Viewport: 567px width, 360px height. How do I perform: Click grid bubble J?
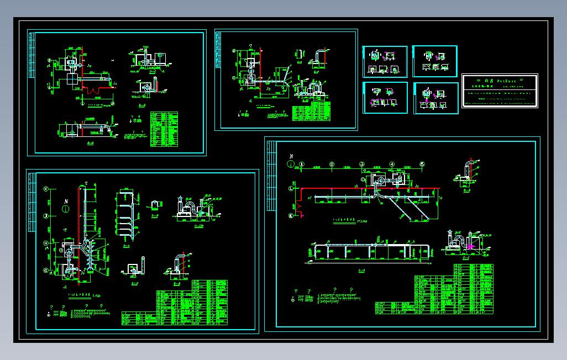tap(46, 216)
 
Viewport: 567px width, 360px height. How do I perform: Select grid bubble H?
tap(46, 242)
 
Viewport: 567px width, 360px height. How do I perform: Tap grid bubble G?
tap(46, 271)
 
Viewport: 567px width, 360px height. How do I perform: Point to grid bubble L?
tap(291, 189)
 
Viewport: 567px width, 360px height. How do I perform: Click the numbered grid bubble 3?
tap(361, 165)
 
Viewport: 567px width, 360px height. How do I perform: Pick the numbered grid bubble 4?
tap(392, 165)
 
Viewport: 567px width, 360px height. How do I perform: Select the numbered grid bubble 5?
tap(422, 165)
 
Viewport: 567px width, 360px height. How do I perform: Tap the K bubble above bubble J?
tap(46, 188)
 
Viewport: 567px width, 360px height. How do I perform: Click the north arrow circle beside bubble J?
tap(66, 209)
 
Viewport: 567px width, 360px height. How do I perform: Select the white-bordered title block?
tap(499, 91)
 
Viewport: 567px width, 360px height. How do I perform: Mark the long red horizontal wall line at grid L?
tap(337, 188)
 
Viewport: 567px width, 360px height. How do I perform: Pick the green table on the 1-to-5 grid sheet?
tap(442, 293)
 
